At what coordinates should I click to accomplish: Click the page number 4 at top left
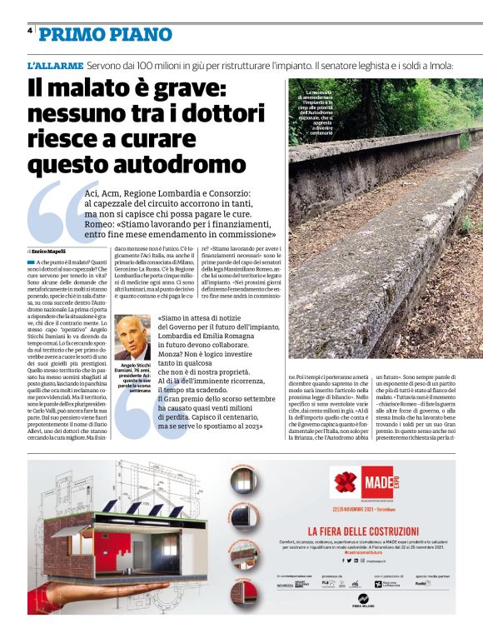point(30,30)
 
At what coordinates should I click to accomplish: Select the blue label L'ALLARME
point(54,64)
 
